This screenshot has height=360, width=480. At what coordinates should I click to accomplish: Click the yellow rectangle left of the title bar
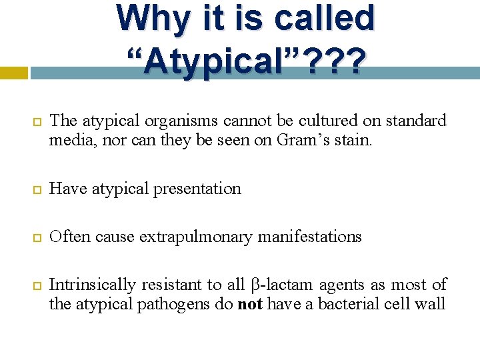tap(13, 72)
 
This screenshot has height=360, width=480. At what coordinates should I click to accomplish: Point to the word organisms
tap(181, 121)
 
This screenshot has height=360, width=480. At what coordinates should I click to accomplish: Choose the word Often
tap(68, 237)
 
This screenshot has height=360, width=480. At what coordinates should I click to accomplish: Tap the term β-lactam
tap(283, 285)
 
